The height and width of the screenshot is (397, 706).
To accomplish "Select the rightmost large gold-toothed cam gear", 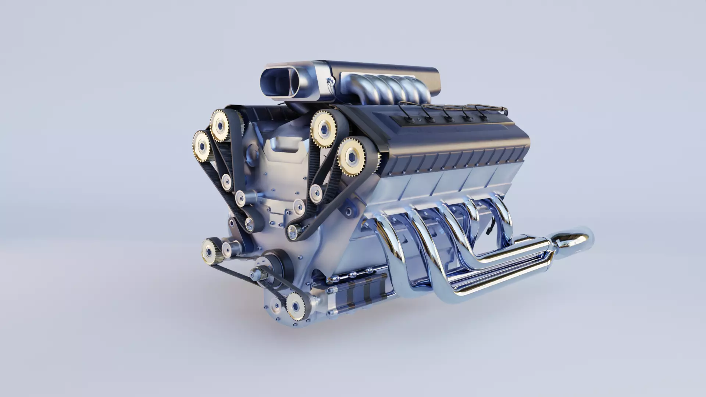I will click(x=352, y=157).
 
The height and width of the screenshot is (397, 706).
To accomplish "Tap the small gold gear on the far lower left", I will click(x=210, y=251).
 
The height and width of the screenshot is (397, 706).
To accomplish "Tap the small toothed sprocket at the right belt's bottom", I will click(x=293, y=231).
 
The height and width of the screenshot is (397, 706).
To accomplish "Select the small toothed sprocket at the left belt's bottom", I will click(x=250, y=222).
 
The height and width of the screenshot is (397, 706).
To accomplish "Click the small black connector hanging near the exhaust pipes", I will click(x=489, y=228).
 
